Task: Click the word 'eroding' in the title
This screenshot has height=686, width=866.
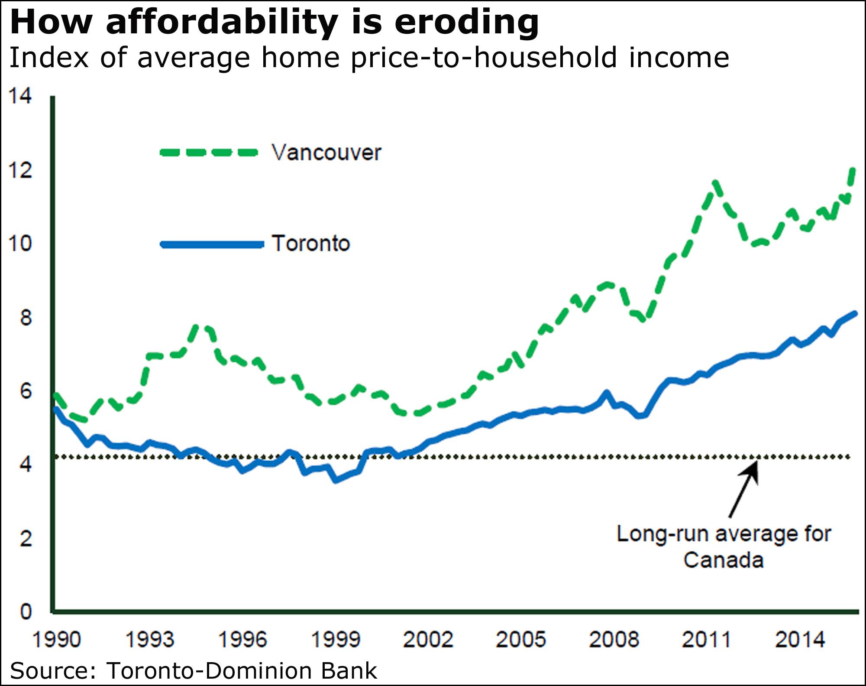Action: point(466,23)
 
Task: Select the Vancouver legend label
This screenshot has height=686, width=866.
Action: point(326,153)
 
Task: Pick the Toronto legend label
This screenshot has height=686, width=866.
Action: point(310,244)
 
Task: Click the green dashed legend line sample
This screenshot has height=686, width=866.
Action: point(209,153)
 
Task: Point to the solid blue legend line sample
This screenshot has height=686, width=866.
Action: point(212,244)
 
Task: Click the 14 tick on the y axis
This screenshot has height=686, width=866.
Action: point(20,96)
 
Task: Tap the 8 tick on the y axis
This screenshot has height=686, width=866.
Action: point(26,318)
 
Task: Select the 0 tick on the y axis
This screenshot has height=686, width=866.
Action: point(26,612)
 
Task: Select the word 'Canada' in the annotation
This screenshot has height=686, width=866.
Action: point(723,560)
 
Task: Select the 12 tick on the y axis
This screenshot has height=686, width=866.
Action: point(20,170)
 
